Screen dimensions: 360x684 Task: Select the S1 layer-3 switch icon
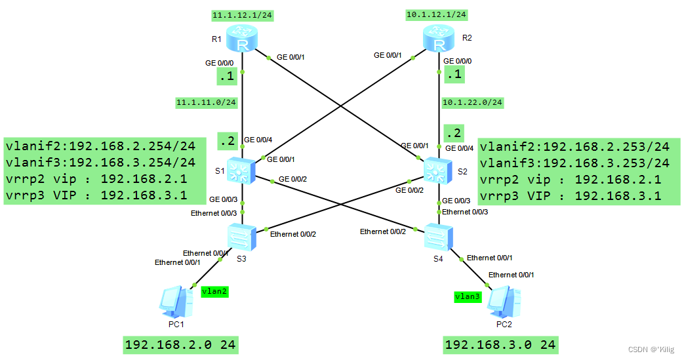242,170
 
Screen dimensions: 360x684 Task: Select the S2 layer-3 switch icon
437,170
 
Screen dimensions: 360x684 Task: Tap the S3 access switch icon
242,235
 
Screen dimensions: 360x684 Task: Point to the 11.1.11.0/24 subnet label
206,102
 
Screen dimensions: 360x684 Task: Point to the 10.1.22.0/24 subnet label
473,102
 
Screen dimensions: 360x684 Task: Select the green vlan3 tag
468,296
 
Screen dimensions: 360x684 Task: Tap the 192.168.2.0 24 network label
181,345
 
